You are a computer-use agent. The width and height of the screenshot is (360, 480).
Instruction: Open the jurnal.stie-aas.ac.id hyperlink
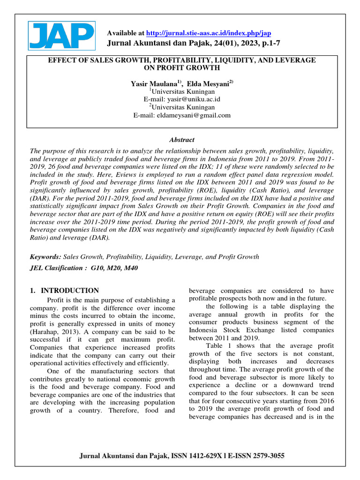208,33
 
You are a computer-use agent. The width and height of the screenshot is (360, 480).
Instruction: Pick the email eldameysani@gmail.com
194,115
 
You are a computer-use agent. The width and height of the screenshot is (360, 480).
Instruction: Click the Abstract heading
181,140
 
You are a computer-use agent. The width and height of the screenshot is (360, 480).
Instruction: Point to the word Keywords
45,257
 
